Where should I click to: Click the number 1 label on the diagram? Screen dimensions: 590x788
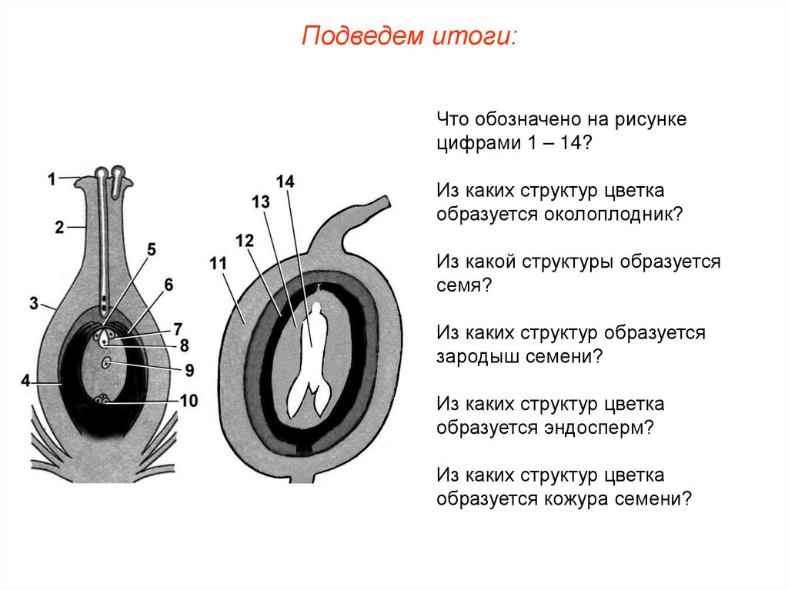coord(51,179)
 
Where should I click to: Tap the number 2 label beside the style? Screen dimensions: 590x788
coord(59,227)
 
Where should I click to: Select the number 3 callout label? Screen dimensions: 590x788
coord(34,304)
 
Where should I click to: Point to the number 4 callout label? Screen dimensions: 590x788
coord(25,381)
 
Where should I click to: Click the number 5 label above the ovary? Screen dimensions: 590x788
coord(152,249)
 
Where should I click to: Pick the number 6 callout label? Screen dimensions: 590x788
coord(169,285)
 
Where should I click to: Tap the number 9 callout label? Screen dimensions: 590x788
coord(189,370)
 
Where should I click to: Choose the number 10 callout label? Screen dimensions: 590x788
coord(189,399)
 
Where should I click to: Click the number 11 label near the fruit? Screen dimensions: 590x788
coord(218,265)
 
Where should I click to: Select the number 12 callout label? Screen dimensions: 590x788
coord(245,241)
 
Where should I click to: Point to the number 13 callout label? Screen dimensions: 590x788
coord(261,202)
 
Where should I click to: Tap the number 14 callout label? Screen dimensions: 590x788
coord(285,182)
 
